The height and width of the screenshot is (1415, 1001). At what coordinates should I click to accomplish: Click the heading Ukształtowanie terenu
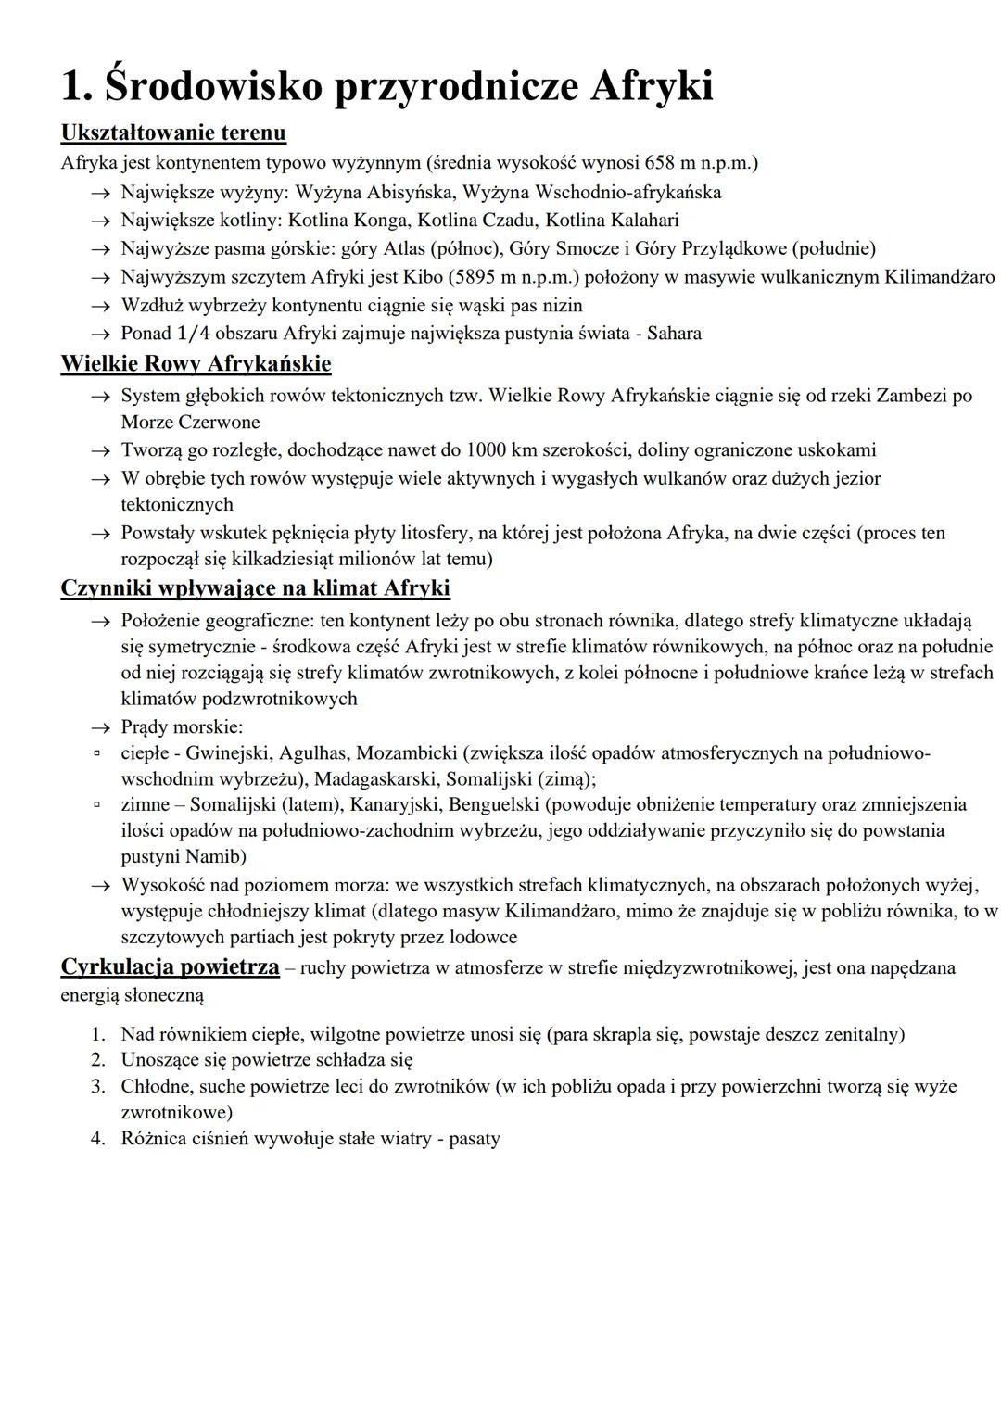click(173, 133)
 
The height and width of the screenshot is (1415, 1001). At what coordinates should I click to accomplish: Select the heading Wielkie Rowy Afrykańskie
click(196, 363)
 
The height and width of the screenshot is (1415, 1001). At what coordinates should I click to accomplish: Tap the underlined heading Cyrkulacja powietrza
click(170, 967)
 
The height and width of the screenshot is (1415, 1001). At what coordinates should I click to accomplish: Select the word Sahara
click(674, 334)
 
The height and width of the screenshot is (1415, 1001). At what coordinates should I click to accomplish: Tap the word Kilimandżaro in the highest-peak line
click(939, 277)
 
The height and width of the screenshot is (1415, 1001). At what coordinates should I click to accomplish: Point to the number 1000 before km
click(486, 450)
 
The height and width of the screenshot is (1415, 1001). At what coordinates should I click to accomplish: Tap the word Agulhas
click(313, 752)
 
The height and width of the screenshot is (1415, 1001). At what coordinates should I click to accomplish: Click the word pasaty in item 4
click(474, 1138)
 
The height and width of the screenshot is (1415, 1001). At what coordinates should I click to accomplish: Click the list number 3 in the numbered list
click(97, 1086)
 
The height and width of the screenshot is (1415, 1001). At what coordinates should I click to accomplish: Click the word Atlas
click(387, 248)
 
